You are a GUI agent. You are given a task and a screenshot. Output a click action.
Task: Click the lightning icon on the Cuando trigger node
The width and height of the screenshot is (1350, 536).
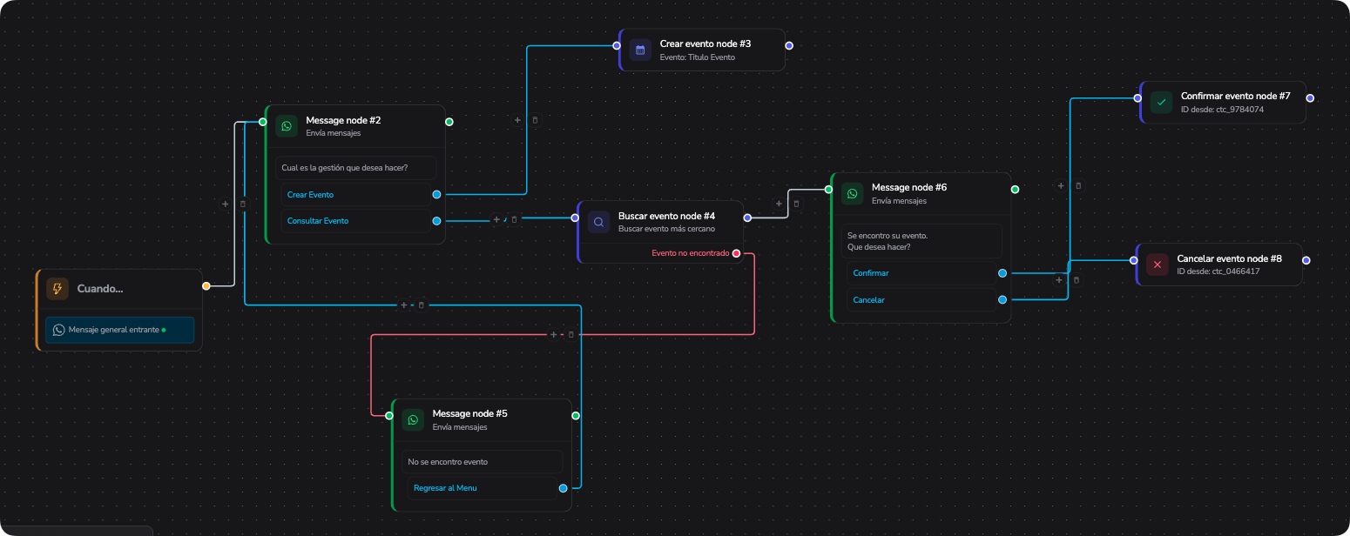point(57,289)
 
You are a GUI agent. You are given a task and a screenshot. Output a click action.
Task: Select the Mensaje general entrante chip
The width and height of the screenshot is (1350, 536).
point(119,330)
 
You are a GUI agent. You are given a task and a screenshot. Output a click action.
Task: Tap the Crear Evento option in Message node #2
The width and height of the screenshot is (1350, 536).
point(310,195)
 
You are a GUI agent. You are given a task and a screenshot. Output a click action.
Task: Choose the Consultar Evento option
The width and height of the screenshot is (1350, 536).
point(318,221)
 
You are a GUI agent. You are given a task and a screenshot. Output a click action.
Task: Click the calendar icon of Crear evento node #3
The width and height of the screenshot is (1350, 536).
point(640,50)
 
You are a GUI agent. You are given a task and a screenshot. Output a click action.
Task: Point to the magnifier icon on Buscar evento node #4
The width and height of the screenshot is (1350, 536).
point(598,222)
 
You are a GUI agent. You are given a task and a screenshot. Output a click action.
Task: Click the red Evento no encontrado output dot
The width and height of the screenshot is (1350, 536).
point(736,253)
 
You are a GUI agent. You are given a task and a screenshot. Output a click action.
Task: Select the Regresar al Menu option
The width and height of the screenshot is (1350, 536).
point(445,488)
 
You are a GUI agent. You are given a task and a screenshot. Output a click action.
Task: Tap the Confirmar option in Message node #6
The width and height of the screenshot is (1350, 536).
point(871,273)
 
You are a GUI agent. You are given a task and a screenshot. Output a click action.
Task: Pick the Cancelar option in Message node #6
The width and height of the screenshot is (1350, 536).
point(868,300)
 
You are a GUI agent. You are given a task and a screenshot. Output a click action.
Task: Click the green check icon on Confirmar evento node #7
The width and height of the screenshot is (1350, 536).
point(1161,103)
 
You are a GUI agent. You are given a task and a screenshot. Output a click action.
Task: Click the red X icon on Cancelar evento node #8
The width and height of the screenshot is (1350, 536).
point(1158,265)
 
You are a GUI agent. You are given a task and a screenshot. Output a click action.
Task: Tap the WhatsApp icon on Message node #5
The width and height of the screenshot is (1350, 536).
point(413,419)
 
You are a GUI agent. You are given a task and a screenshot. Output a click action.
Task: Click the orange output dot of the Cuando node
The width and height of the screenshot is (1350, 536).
point(206,286)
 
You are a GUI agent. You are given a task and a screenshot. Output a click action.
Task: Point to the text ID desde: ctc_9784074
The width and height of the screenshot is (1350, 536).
point(1222,110)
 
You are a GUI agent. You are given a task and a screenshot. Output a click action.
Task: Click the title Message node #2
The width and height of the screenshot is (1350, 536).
point(343,120)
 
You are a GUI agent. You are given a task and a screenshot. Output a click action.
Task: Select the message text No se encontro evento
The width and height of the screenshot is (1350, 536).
point(448,462)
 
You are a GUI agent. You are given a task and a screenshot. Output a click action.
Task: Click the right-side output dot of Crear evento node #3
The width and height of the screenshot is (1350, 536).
point(789,46)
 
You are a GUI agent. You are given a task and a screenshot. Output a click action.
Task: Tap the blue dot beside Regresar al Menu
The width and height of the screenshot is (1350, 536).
point(563,488)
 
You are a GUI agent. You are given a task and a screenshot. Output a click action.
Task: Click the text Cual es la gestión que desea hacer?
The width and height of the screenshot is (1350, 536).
point(345,168)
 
